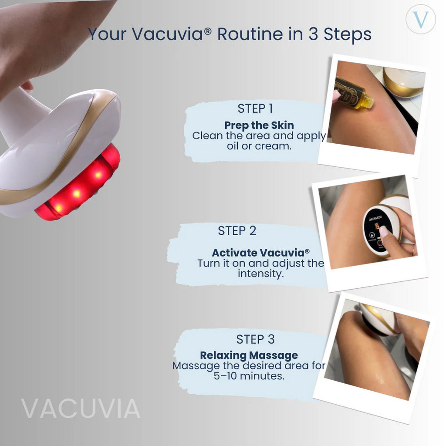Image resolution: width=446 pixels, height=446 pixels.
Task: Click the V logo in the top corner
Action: pos(421,20)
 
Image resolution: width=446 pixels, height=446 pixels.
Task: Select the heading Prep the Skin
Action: pos(259,125)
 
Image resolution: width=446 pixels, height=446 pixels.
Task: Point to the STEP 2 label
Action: pos(237,231)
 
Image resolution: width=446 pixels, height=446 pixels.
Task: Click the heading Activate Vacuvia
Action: pos(260,253)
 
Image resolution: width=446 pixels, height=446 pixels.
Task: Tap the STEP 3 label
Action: pos(256,339)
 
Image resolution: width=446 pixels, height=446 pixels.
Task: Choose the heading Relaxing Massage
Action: pos(249,355)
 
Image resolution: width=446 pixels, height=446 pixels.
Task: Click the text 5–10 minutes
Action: pos(249,375)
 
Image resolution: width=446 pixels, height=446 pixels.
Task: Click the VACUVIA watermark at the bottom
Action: pos(81,409)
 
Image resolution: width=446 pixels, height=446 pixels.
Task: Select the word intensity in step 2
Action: pos(260,274)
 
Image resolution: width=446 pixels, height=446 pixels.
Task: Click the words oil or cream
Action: pos(259,146)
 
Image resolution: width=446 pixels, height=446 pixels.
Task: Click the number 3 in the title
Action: pos(313,34)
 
